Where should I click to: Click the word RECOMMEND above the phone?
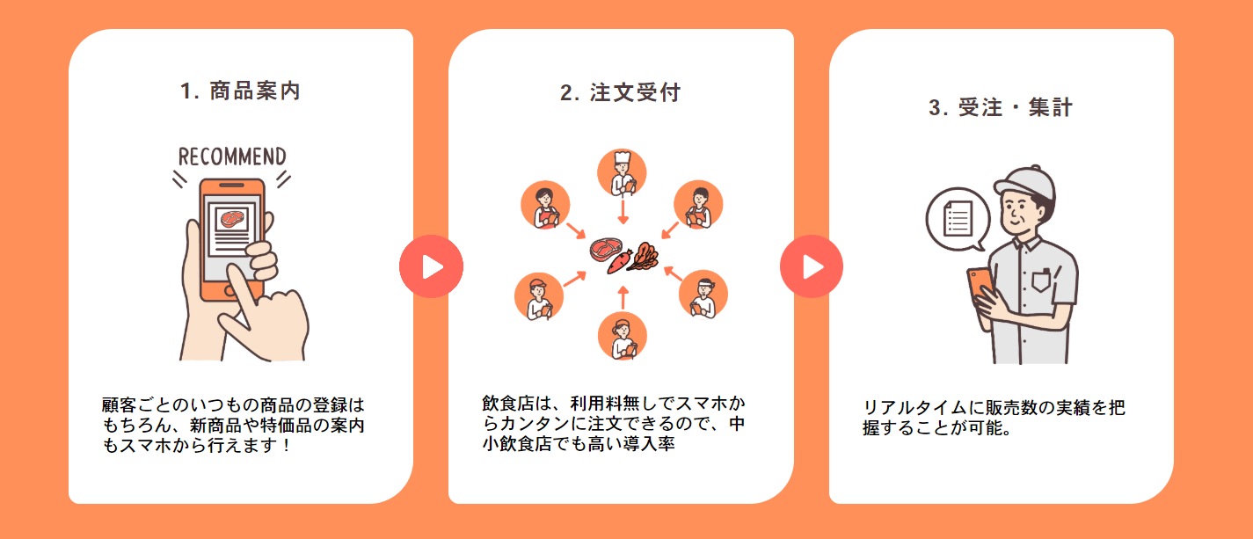coord(232,157)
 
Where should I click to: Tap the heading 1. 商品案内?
coord(240,91)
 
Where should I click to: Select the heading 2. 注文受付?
coord(621,92)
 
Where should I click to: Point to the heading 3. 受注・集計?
coord(1001,108)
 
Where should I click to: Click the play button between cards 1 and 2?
coord(431,266)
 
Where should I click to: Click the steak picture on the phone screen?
coord(233,219)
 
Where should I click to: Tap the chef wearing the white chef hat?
coord(623,173)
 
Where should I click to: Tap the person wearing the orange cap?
coord(537,296)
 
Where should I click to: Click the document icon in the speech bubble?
coord(958,216)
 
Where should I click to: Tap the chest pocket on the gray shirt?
coord(1041,280)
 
